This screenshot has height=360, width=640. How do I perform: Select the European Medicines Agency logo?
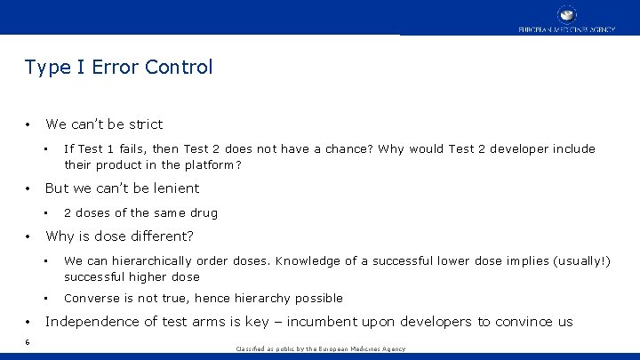click(x=566, y=19)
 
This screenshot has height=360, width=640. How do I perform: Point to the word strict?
click(x=145, y=124)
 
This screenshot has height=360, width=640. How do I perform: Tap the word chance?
click(x=348, y=149)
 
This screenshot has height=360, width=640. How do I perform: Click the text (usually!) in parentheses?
click(x=580, y=261)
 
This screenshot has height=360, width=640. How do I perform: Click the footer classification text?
click(x=319, y=349)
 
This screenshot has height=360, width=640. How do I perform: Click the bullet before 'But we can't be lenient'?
click(x=28, y=188)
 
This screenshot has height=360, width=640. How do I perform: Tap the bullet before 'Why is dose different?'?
click(x=28, y=236)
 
